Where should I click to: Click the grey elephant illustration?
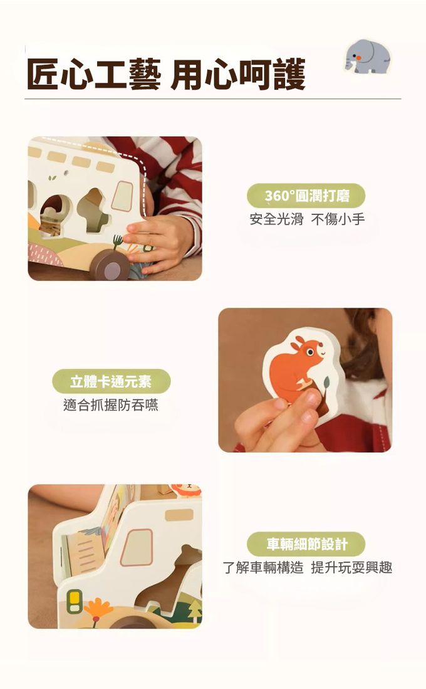point(367,56)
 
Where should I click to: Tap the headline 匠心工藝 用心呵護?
point(166,74)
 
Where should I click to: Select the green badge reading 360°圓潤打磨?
point(306,196)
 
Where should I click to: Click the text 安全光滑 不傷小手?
point(307,219)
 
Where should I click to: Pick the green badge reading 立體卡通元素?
point(111,381)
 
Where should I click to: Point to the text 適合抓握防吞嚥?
point(111,405)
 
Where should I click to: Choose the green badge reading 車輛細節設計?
point(306,544)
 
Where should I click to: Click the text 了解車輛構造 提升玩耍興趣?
point(308,567)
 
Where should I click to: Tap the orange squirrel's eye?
point(311,352)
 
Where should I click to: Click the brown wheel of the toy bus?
point(110,265)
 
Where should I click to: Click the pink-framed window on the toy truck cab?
point(137,547)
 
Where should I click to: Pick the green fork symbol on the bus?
point(117,241)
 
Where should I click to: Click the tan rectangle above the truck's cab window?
point(179,515)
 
